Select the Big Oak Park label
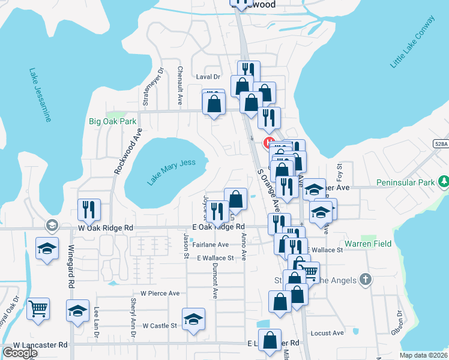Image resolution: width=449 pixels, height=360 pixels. coord(113,121)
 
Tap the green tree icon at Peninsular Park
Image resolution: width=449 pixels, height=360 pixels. coord(443,181)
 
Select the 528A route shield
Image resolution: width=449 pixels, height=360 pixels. coord(440,144)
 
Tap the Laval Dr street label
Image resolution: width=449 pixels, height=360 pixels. coord(208,77)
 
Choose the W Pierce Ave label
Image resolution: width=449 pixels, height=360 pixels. coord(160,293)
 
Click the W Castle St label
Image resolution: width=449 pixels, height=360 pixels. coord(160,325)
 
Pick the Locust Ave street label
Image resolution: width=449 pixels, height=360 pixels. coord(327,333)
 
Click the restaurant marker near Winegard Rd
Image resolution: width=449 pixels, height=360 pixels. coord(89,211)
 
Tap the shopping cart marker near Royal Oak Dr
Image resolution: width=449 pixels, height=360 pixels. coord(38,309)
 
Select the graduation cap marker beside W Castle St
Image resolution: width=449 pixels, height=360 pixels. coord(193,319)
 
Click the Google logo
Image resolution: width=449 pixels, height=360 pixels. coord(20,353)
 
